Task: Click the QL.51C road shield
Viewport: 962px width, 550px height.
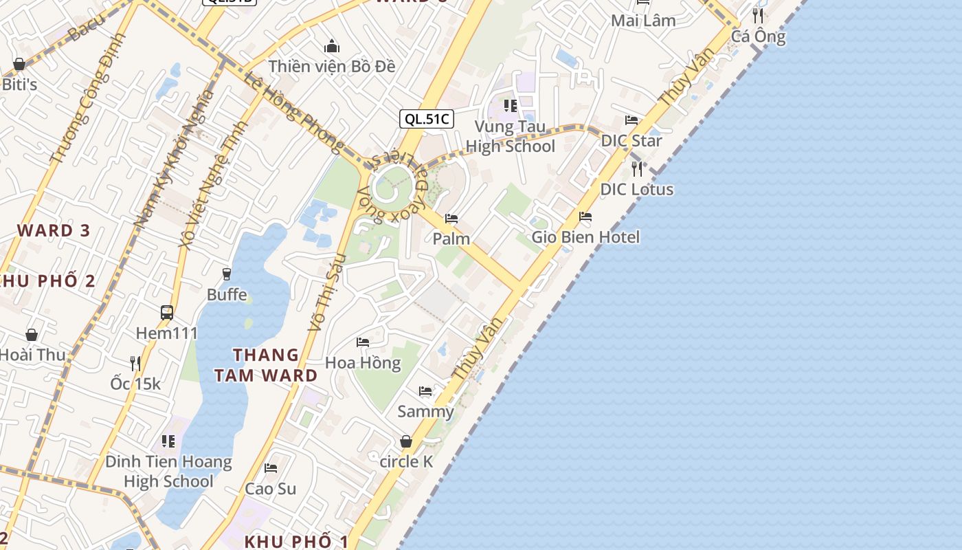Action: click(x=426, y=119)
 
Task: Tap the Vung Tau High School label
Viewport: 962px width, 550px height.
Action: click(x=510, y=136)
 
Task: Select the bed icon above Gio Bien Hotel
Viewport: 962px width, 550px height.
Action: click(x=585, y=217)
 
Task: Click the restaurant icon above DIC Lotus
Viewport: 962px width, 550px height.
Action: click(x=637, y=168)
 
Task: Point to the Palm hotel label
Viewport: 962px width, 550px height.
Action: click(x=451, y=239)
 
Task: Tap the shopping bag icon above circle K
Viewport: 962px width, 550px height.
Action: click(x=406, y=441)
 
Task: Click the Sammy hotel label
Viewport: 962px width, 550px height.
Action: click(x=425, y=412)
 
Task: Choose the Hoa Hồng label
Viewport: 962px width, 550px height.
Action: click(x=363, y=362)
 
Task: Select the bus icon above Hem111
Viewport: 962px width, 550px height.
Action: click(x=167, y=313)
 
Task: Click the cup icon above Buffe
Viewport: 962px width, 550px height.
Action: click(x=227, y=274)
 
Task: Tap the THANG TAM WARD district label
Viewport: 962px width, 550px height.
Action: click(x=266, y=365)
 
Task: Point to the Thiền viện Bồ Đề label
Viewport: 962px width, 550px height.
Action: click(x=332, y=67)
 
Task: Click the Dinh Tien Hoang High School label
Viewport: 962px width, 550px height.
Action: click(x=168, y=471)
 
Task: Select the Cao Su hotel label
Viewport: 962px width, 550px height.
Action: click(x=271, y=489)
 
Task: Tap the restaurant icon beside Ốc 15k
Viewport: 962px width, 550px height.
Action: click(x=135, y=363)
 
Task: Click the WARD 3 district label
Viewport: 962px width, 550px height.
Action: click(x=54, y=230)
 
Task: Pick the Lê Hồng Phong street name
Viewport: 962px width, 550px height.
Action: click(x=293, y=113)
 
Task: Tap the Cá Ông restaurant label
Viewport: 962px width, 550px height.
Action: click(x=758, y=36)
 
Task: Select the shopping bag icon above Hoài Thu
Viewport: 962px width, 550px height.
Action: click(x=32, y=335)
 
